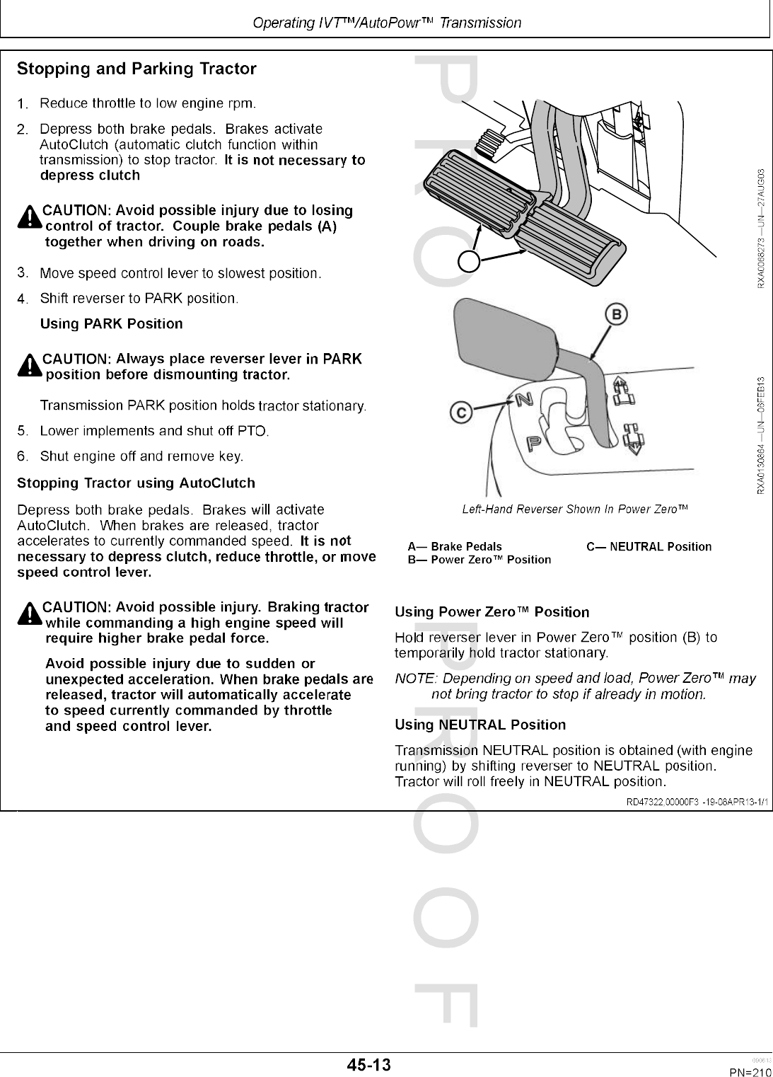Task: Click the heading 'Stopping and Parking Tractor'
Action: (x=136, y=69)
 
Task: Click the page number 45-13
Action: (x=368, y=1065)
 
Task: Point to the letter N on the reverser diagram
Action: (x=524, y=399)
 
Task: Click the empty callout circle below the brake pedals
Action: (x=469, y=261)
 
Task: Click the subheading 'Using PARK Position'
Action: (x=111, y=324)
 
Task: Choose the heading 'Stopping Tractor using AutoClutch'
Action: (x=136, y=483)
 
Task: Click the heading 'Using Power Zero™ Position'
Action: (x=492, y=612)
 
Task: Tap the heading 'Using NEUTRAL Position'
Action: (x=480, y=725)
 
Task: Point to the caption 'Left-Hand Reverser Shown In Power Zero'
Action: (x=575, y=509)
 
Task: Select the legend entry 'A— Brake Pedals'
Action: (x=455, y=546)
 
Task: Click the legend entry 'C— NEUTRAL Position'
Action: (x=649, y=546)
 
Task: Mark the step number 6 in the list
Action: (x=23, y=456)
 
